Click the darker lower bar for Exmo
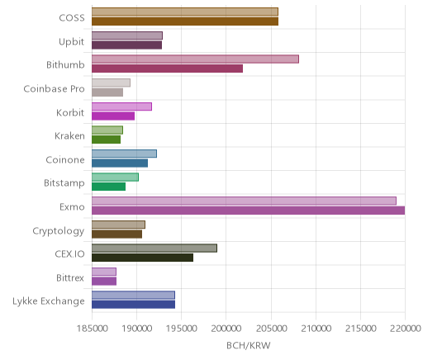pyautogui.click(x=248, y=211)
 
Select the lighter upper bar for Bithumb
pyautogui.click(x=195, y=59)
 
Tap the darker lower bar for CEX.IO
pyautogui.click(x=142, y=258)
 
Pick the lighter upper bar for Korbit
pyautogui.click(x=121, y=107)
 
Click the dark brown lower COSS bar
pyautogui.click(x=185, y=21)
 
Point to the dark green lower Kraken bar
pyautogui.click(x=106, y=140)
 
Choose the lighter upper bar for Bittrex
pyautogui.click(x=104, y=272)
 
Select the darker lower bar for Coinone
pyautogui.click(x=120, y=163)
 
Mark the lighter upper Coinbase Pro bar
pyautogui.click(x=111, y=83)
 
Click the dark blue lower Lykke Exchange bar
pyautogui.click(x=133, y=305)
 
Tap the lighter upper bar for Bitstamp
pyautogui.click(x=115, y=178)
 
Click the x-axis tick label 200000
pyautogui.click(x=226, y=328)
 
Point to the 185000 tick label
pyautogui.click(x=92, y=328)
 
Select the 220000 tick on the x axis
pyautogui.click(x=405, y=328)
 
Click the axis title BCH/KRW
pyautogui.click(x=249, y=345)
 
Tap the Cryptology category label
pyautogui.click(x=59, y=231)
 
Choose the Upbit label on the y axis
pyautogui.click(x=71, y=42)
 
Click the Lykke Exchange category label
pyautogui.click(x=49, y=301)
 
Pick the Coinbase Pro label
pyautogui.click(x=54, y=89)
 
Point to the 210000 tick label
pyautogui.click(x=316, y=328)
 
